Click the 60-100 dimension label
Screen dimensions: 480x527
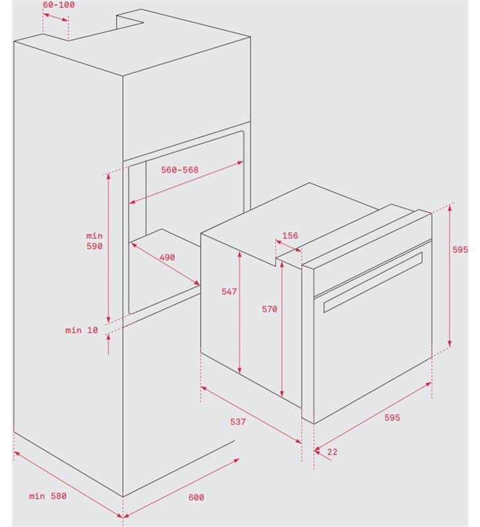(59, 5)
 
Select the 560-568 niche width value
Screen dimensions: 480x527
(179, 170)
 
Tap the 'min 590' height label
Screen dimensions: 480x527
(94, 241)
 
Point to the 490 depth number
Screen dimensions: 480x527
(167, 258)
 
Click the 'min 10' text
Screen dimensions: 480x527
(82, 331)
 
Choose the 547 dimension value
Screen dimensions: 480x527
(229, 291)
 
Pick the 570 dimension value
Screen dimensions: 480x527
(270, 309)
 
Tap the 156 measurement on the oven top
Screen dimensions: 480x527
(290, 236)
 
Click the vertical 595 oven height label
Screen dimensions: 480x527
(460, 250)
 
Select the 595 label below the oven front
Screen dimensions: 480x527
(392, 418)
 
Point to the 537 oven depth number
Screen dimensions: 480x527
(238, 422)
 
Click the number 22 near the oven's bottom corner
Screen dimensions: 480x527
(332, 452)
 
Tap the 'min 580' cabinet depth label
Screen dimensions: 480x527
(47, 496)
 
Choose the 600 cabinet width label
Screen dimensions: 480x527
(196, 497)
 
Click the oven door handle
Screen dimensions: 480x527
(373, 283)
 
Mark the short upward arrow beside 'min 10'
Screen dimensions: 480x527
(108, 345)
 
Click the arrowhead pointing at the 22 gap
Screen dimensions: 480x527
(316, 451)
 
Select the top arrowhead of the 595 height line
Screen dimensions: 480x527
(450, 208)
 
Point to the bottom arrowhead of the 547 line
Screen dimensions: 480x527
(239, 370)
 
